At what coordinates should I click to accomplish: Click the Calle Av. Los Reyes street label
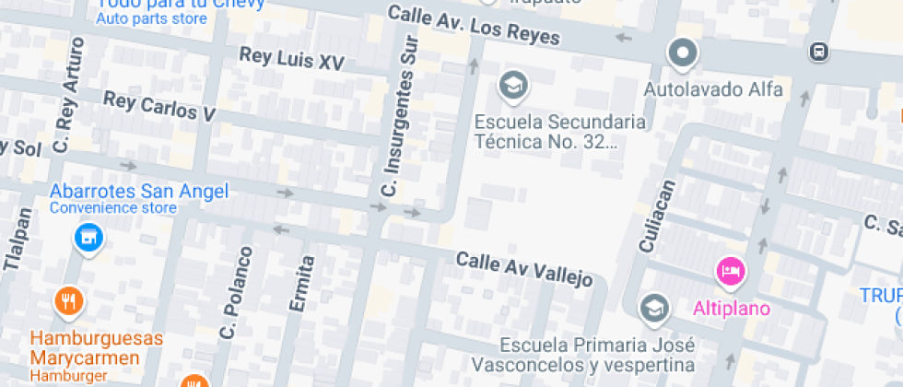coord(474,25)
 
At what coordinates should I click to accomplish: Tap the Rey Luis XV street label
coord(291,59)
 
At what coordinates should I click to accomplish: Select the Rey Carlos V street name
coord(158,106)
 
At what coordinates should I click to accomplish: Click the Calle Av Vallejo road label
coord(523,269)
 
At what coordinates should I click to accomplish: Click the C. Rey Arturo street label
coord(69,96)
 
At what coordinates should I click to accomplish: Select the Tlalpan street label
coord(18,240)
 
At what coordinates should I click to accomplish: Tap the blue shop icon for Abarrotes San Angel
coord(88,238)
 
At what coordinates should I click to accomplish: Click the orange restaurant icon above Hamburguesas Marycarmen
coord(68,300)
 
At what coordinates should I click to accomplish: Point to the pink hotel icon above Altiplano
coord(731,271)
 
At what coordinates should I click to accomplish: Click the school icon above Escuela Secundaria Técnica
coord(511,87)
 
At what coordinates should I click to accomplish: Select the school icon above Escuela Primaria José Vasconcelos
coord(654,308)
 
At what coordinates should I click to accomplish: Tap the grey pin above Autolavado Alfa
coord(683,53)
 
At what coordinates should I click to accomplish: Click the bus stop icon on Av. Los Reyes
coord(818,52)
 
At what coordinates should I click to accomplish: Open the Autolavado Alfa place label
coord(712,90)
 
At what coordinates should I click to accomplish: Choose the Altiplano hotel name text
coord(732,308)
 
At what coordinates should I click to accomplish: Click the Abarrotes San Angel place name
coord(138,192)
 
